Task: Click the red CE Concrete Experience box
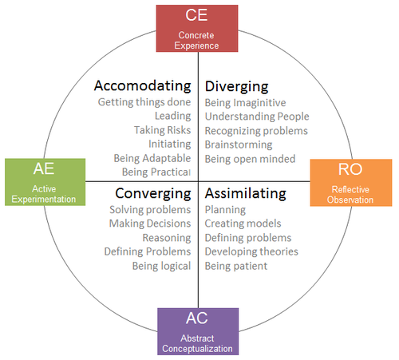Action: pos(197,28)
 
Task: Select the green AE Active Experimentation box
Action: pos(45,182)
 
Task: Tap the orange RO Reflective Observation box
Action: pos(351,183)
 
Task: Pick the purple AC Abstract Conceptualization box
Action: pos(198,331)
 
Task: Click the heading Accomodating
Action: pos(143,86)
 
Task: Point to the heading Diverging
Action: pos(237,87)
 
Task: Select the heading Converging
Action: pos(153,194)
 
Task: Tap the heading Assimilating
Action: pos(246,193)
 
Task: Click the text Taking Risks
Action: pos(163,130)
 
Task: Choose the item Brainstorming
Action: pos(239,145)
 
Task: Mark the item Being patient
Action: pos(236,266)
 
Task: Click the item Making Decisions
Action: pos(150,224)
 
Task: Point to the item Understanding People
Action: pos(257,117)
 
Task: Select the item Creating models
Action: pos(243,224)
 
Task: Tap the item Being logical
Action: pos(162,266)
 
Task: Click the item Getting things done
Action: pos(144,102)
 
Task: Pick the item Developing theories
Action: pos(251,251)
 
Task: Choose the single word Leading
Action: pos(173,116)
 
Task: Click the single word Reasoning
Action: pos(167,238)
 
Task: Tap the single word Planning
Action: pos(225,210)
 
